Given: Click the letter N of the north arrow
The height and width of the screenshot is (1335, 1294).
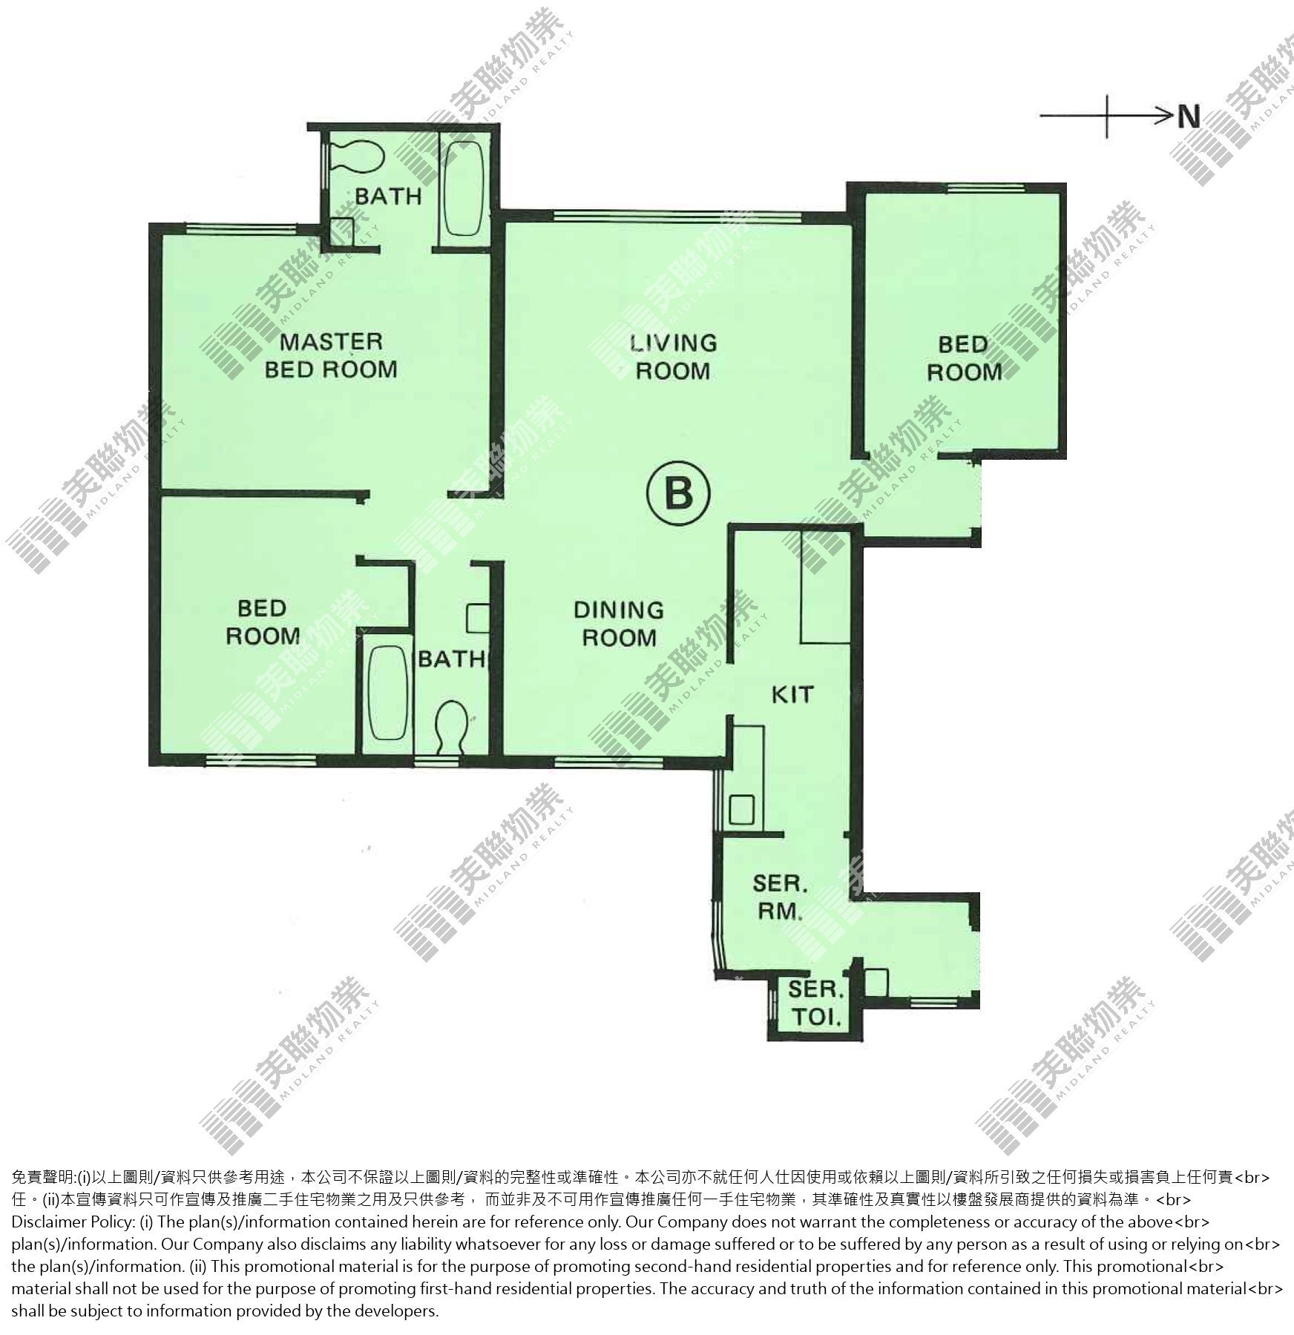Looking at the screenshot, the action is tap(1189, 116).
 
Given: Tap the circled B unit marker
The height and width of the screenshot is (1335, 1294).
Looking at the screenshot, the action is tap(678, 495).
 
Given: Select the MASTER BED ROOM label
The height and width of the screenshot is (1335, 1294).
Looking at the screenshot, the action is tap(331, 355).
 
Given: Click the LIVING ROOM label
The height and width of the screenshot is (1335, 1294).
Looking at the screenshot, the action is tap(674, 357).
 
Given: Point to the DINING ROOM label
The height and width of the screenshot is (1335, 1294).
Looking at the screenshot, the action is tap(619, 624).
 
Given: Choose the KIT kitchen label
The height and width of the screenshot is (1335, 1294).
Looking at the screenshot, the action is tap(792, 695).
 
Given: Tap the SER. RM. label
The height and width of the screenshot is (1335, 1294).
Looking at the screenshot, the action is tap(780, 897).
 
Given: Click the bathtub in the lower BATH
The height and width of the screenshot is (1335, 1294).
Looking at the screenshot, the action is tap(388, 692).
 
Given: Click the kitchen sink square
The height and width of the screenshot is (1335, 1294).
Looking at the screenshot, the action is tap(742, 809).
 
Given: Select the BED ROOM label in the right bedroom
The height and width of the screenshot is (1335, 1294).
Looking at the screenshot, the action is tap(964, 358).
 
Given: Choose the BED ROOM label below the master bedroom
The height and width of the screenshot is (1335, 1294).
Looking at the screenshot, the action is tap(263, 622).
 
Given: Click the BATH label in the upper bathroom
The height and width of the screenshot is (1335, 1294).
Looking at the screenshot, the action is tap(388, 197).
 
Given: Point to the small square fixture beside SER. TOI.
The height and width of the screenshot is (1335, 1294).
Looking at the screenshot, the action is tap(876, 982).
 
